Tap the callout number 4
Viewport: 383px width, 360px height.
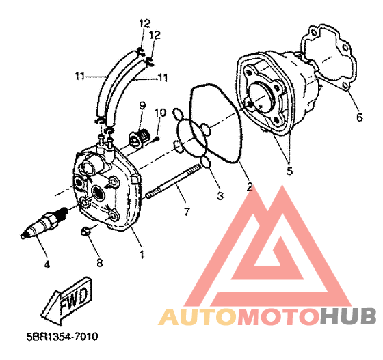47,264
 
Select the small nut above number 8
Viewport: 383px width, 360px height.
85,231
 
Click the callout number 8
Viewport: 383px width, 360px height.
100,263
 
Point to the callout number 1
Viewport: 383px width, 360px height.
142,254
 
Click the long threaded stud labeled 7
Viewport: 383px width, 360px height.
173,182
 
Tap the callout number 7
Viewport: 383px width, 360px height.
187,212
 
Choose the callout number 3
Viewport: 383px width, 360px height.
220,196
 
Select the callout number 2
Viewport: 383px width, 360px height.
250,186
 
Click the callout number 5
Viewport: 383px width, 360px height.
289,171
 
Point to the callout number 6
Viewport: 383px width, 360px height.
360,117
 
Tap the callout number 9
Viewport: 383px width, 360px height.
142,106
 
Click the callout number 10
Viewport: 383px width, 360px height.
160,113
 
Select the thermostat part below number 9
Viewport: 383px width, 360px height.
138,139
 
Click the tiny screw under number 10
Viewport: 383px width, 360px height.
157,139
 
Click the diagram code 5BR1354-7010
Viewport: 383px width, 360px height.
62,337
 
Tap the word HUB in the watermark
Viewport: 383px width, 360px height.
348,316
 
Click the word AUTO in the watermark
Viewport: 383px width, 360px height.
198,316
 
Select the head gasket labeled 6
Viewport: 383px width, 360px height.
328,57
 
